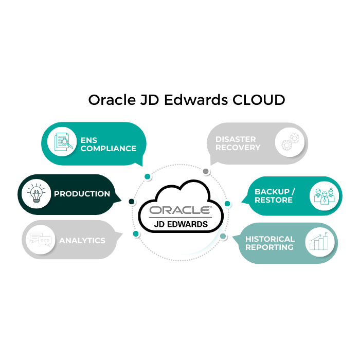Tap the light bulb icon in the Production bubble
[36, 194]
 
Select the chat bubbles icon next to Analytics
[41, 240]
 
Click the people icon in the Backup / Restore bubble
[325, 196]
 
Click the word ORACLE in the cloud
[179, 210]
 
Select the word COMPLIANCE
[109, 149]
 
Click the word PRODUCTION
[82, 194]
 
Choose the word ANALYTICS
[82, 241]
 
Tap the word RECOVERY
[238, 148]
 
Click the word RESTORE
[273, 200]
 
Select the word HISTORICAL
[270, 239]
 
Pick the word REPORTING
[269, 247]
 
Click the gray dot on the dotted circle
[206, 171]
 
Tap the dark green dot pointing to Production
[131, 201]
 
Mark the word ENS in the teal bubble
[88, 140]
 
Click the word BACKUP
[271, 192]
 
